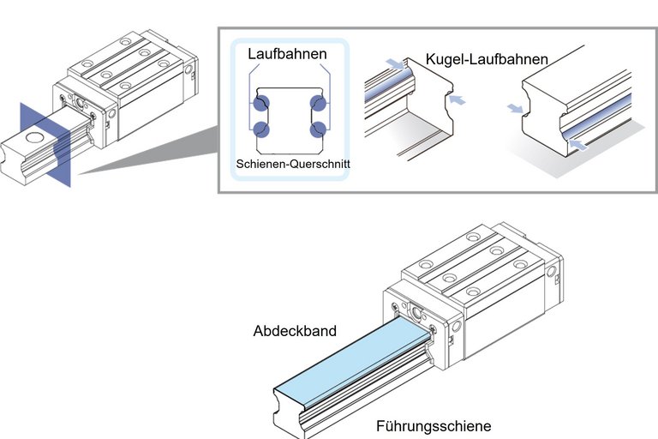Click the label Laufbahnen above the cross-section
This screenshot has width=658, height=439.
[x=287, y=53]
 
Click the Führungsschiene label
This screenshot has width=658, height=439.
[x=434, y=425]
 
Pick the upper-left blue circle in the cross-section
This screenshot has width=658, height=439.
[x=261, y=104]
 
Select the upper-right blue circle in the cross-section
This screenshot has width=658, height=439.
[x=320, y=104]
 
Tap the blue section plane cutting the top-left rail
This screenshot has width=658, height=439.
[x=42, y=141]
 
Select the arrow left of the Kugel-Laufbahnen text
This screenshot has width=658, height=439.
[x=393, y=63]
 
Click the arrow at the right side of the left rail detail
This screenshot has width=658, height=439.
[x=459, y=100]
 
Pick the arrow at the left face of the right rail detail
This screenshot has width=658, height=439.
[x=514, y=108]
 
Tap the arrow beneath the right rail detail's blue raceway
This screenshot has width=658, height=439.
[x=579, y=147]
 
